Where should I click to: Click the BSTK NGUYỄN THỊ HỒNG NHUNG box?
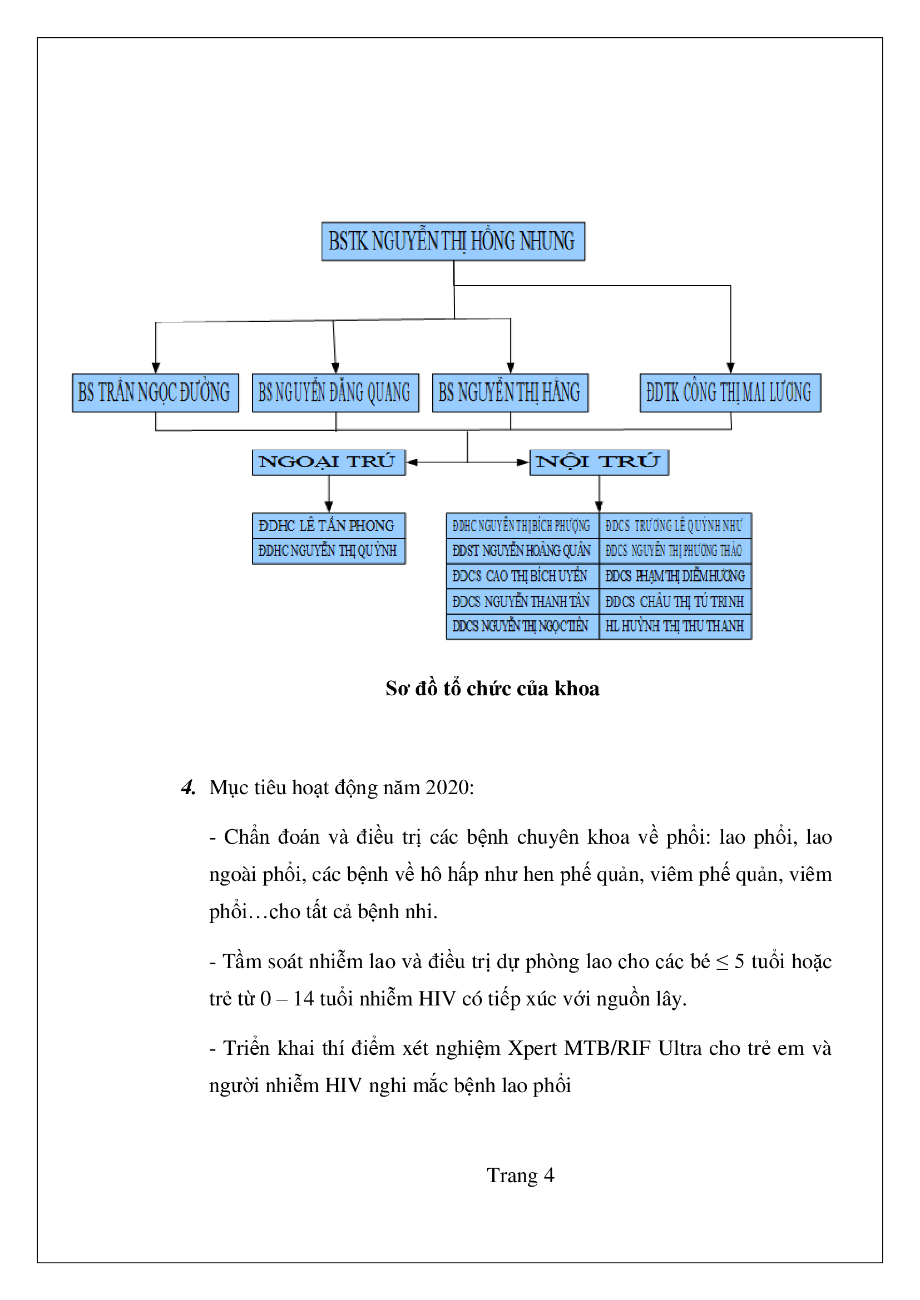(453, 241)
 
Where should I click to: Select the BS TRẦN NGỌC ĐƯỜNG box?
(155, 392)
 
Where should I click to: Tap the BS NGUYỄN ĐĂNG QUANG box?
(335, 392)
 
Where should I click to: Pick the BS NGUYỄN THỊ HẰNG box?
(510, 392)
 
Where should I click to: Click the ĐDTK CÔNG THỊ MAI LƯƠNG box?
(730, 392)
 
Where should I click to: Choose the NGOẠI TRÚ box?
(328, 462)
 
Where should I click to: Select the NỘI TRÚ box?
(599, 462)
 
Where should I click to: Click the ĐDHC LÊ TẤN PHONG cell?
(328, 525)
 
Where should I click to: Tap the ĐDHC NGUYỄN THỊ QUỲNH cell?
(328, 550)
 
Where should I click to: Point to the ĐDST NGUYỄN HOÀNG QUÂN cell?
(522, 550)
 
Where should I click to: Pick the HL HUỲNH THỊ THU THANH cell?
(675, 626)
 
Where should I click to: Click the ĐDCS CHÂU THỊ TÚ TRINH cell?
(675, 601)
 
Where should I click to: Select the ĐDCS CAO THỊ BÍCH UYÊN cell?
(522, 576)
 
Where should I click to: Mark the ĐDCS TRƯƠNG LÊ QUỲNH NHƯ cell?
(675, 525)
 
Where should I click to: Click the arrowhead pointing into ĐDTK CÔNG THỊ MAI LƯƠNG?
(730, 367)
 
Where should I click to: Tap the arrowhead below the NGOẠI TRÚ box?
(329, 506)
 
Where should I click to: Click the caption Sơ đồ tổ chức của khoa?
(492, 689)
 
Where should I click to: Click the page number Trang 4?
(520, 1176)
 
